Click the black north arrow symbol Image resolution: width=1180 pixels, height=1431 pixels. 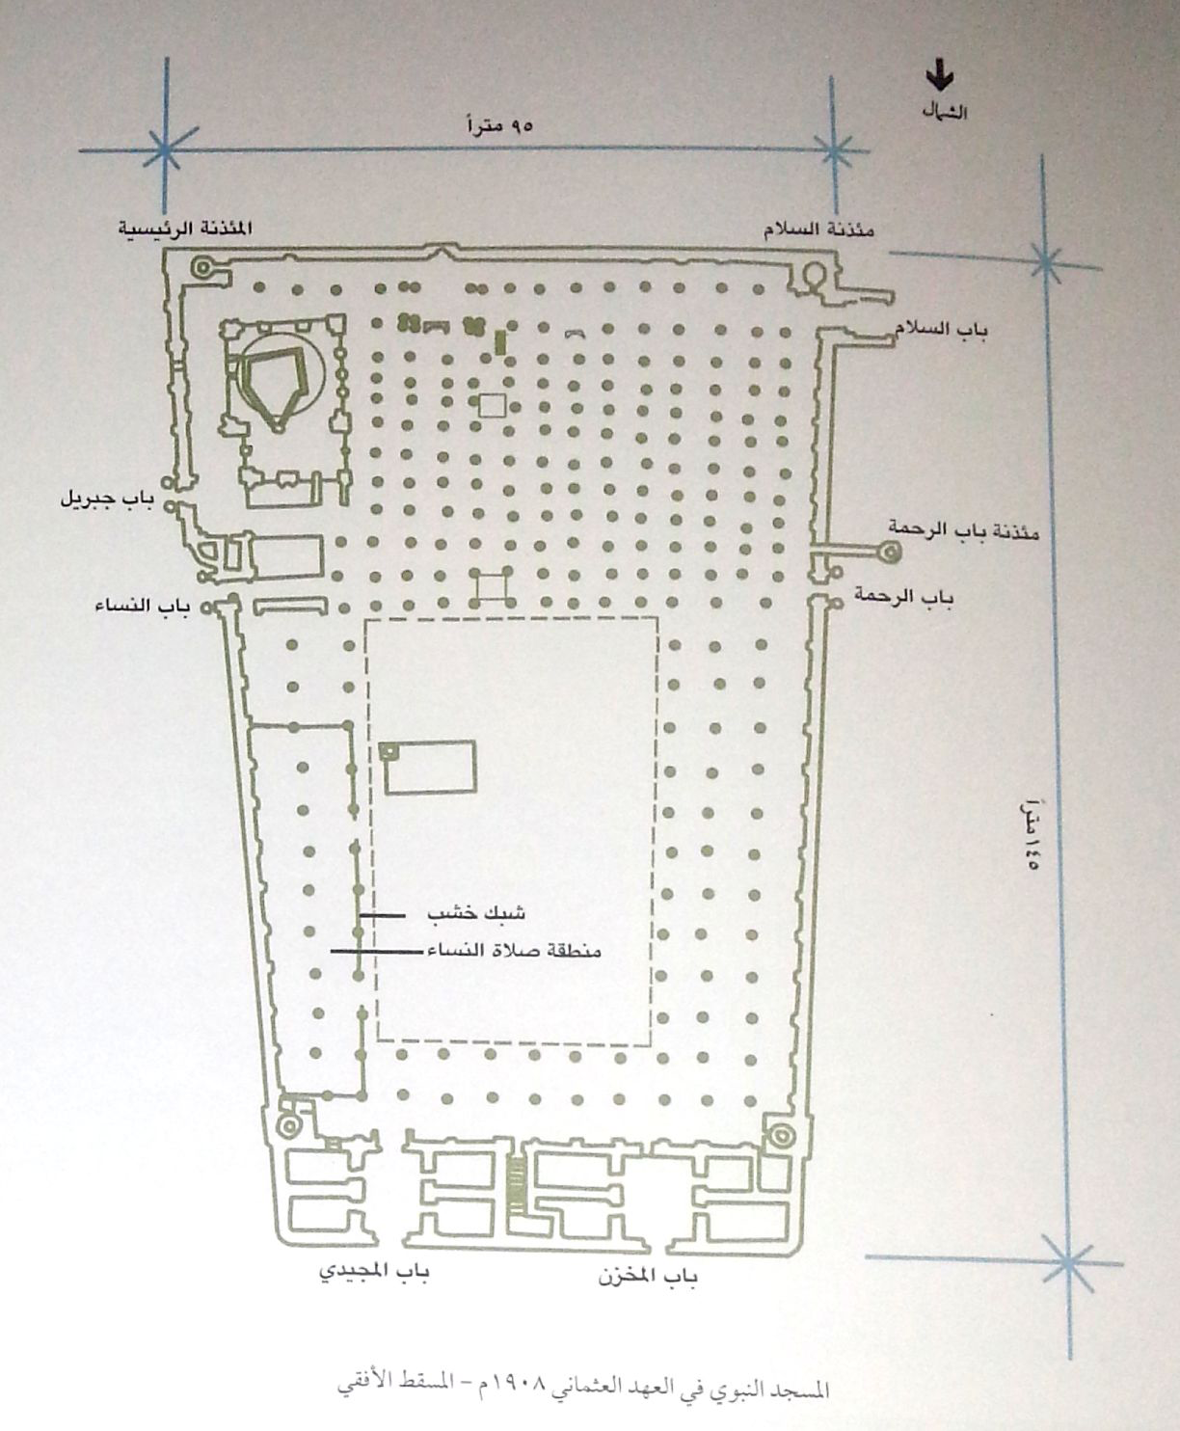pos(940,75)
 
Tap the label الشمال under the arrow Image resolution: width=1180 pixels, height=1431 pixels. pos(945,113)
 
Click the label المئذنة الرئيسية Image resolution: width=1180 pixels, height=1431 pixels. pos(185,227)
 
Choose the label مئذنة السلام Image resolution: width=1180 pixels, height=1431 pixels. pos(818,229)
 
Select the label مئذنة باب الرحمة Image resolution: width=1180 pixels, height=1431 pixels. pos(963,529)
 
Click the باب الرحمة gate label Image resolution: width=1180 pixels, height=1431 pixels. pos(903,596)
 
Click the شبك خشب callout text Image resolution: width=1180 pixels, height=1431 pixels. pos(476,913)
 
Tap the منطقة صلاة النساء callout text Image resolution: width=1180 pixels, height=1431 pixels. pos(514,951)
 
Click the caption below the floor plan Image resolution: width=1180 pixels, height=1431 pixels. pos(583,1387)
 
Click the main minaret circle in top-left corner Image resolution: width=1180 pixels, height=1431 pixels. pos(202,266)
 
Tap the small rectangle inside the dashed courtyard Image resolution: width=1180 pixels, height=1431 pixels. pos(428,767)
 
